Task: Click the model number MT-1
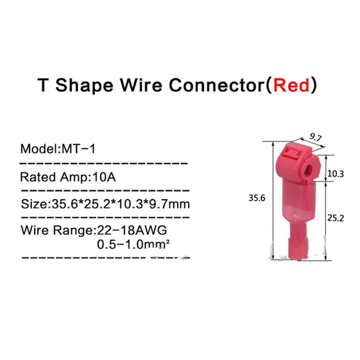tap(81, 149)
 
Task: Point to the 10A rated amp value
tap(105, 177)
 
